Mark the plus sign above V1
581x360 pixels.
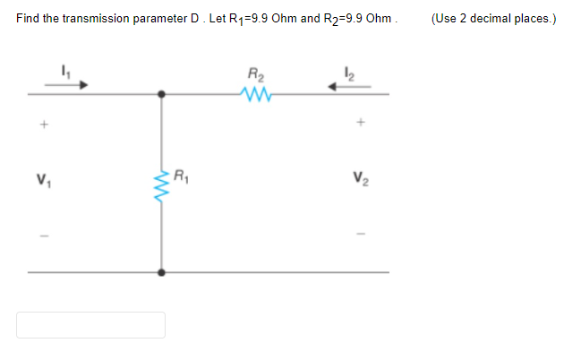(41, 124)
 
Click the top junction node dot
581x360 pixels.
(161, 92)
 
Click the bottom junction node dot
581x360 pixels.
(161, 271)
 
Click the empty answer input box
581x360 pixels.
(90, 324)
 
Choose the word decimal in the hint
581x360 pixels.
(489, 19)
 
